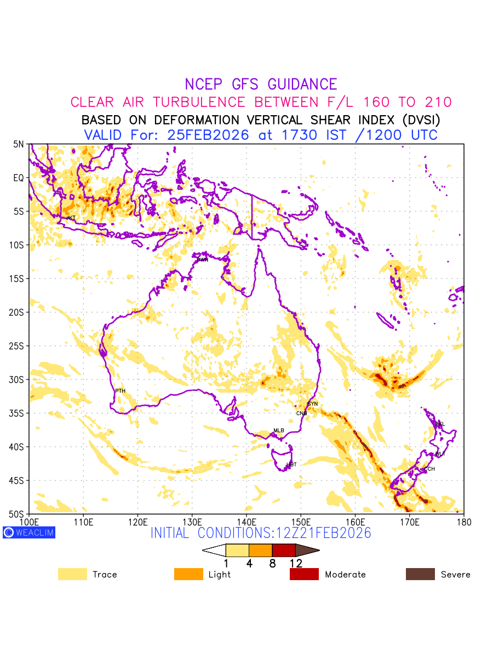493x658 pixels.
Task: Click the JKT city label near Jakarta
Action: tap(71, 218)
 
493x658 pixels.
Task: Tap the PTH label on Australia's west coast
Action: tap(120, 391)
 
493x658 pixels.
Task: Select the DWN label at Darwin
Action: tap(202, 259)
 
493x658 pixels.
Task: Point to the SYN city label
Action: tap(312, 404)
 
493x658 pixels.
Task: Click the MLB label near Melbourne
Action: tap(279, 430)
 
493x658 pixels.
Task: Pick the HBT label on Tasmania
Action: tap(291, 464)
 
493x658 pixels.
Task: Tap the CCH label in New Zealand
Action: tap(429, 469)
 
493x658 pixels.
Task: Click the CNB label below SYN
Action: tap(301, 413)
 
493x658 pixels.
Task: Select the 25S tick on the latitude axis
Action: tap(18, 346)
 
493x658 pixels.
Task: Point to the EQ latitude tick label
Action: tap(19, 178)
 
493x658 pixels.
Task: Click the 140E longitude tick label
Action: tap(246, 521)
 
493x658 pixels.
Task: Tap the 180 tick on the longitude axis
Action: tap(463, 521)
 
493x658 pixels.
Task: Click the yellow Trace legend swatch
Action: tap(72, 574)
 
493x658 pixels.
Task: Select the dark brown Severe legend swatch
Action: tap(420, 574)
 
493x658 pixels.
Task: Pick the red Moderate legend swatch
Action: tap(304, 574)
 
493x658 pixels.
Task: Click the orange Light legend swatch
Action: tap(188, 574)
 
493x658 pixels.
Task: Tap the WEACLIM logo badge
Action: tap(29, 532)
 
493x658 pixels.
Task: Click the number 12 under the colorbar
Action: tap(295, 563)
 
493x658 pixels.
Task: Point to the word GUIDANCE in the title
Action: tap(302, 84)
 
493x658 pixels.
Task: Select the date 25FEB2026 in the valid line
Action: tap(208, 135)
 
